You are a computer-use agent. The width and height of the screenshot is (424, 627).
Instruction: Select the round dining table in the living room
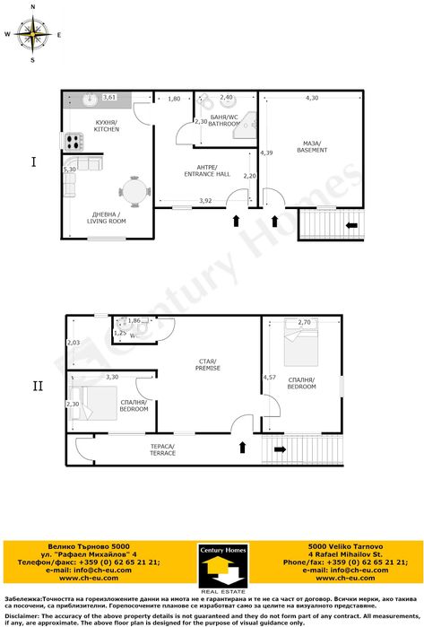click(x=134, y=191)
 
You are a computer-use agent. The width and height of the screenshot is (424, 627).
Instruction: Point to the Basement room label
click(x=313, y=146)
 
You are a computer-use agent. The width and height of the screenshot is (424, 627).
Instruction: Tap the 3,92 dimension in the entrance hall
click(x=205, y=200)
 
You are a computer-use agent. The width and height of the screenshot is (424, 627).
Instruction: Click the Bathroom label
click(x=223, y=121)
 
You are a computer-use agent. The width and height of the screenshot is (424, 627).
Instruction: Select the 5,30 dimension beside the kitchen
click(x=69, y=169)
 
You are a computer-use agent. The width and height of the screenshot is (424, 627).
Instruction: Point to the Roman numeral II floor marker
click(x=37, y=387)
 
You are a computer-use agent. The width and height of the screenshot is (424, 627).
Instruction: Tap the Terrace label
click(x=162, y=450)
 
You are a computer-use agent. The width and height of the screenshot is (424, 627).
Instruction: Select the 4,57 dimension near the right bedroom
click(x=269, y=377)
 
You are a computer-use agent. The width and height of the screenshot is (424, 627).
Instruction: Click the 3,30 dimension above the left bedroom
click(x=112, y=377)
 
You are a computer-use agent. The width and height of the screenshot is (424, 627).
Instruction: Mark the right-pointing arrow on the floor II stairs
click(x=280, y=448)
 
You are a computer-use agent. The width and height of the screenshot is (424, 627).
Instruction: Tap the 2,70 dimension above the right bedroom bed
click(x=304, y=322)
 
